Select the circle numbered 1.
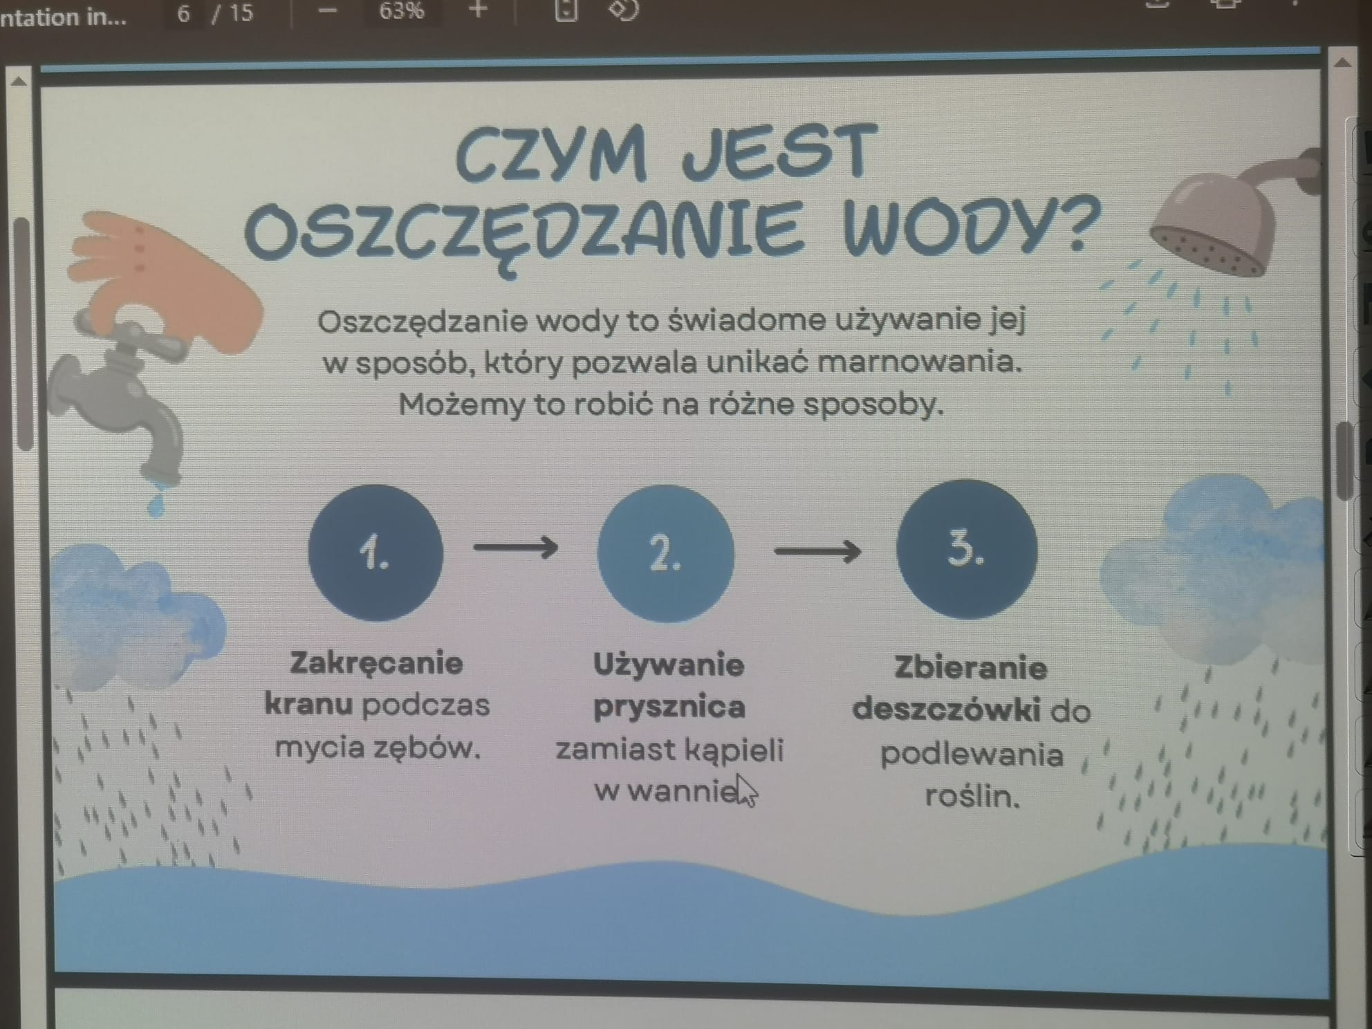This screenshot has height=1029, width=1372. coord(376,553)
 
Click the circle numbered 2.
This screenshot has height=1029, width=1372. coord(666,553)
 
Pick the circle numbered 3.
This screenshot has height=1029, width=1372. coord(967,549)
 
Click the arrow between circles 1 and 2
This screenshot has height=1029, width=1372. coord(516,548)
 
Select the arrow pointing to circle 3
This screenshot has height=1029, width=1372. coord(817,551)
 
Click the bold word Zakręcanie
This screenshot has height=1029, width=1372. coord(376,663)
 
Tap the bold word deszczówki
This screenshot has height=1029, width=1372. coord(947,710)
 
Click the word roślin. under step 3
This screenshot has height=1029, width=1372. coord(972,796)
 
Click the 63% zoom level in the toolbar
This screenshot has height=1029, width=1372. coord(401,11)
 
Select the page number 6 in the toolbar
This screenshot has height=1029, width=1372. coord(183,13)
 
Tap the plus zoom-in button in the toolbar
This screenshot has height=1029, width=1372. coord(478,10)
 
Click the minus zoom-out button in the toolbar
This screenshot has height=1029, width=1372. coord(328,11)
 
